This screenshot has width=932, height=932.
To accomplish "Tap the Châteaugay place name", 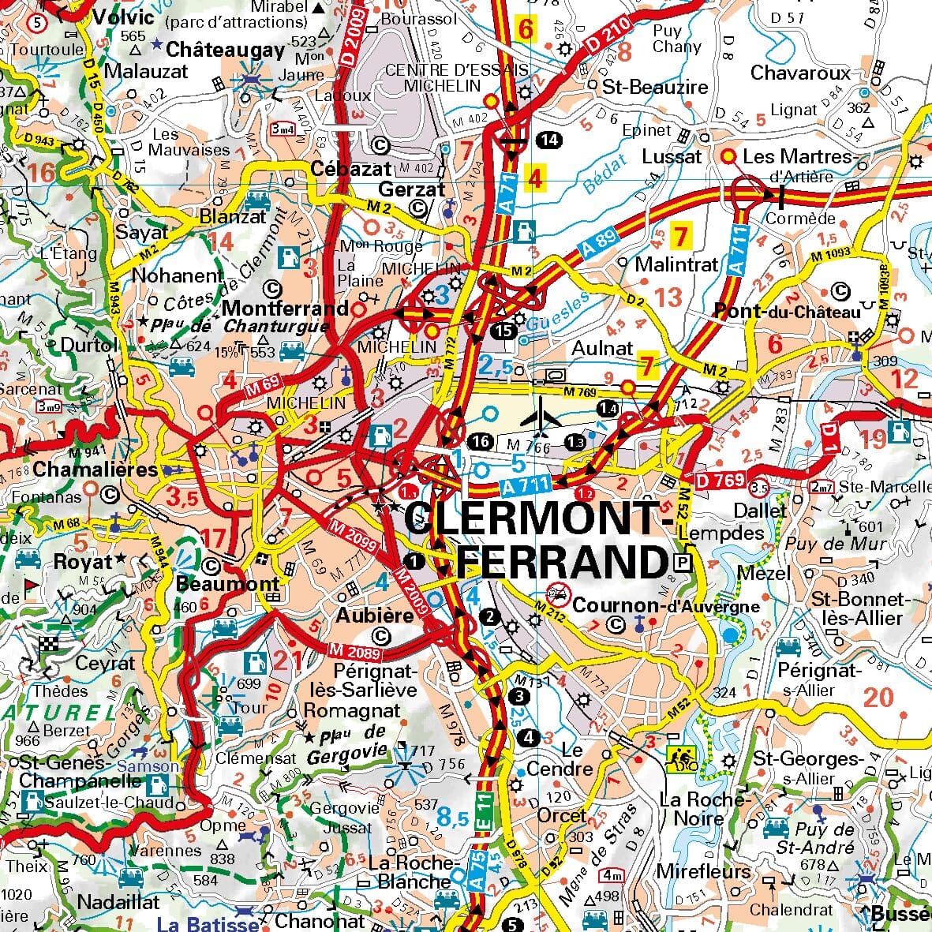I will [225, 50].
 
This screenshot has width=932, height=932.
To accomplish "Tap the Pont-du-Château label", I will [787, 312].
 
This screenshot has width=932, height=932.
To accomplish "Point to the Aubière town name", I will [375, 614].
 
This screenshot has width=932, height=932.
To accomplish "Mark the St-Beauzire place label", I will [655, 86].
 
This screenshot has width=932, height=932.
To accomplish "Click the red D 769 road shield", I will [721, 480].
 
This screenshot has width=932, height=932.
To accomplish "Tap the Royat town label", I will [83, 563].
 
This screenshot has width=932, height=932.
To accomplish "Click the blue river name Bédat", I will [603, 176].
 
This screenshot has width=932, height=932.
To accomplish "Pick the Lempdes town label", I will [721, 533].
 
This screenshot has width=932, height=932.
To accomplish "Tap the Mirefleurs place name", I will [703, 871].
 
